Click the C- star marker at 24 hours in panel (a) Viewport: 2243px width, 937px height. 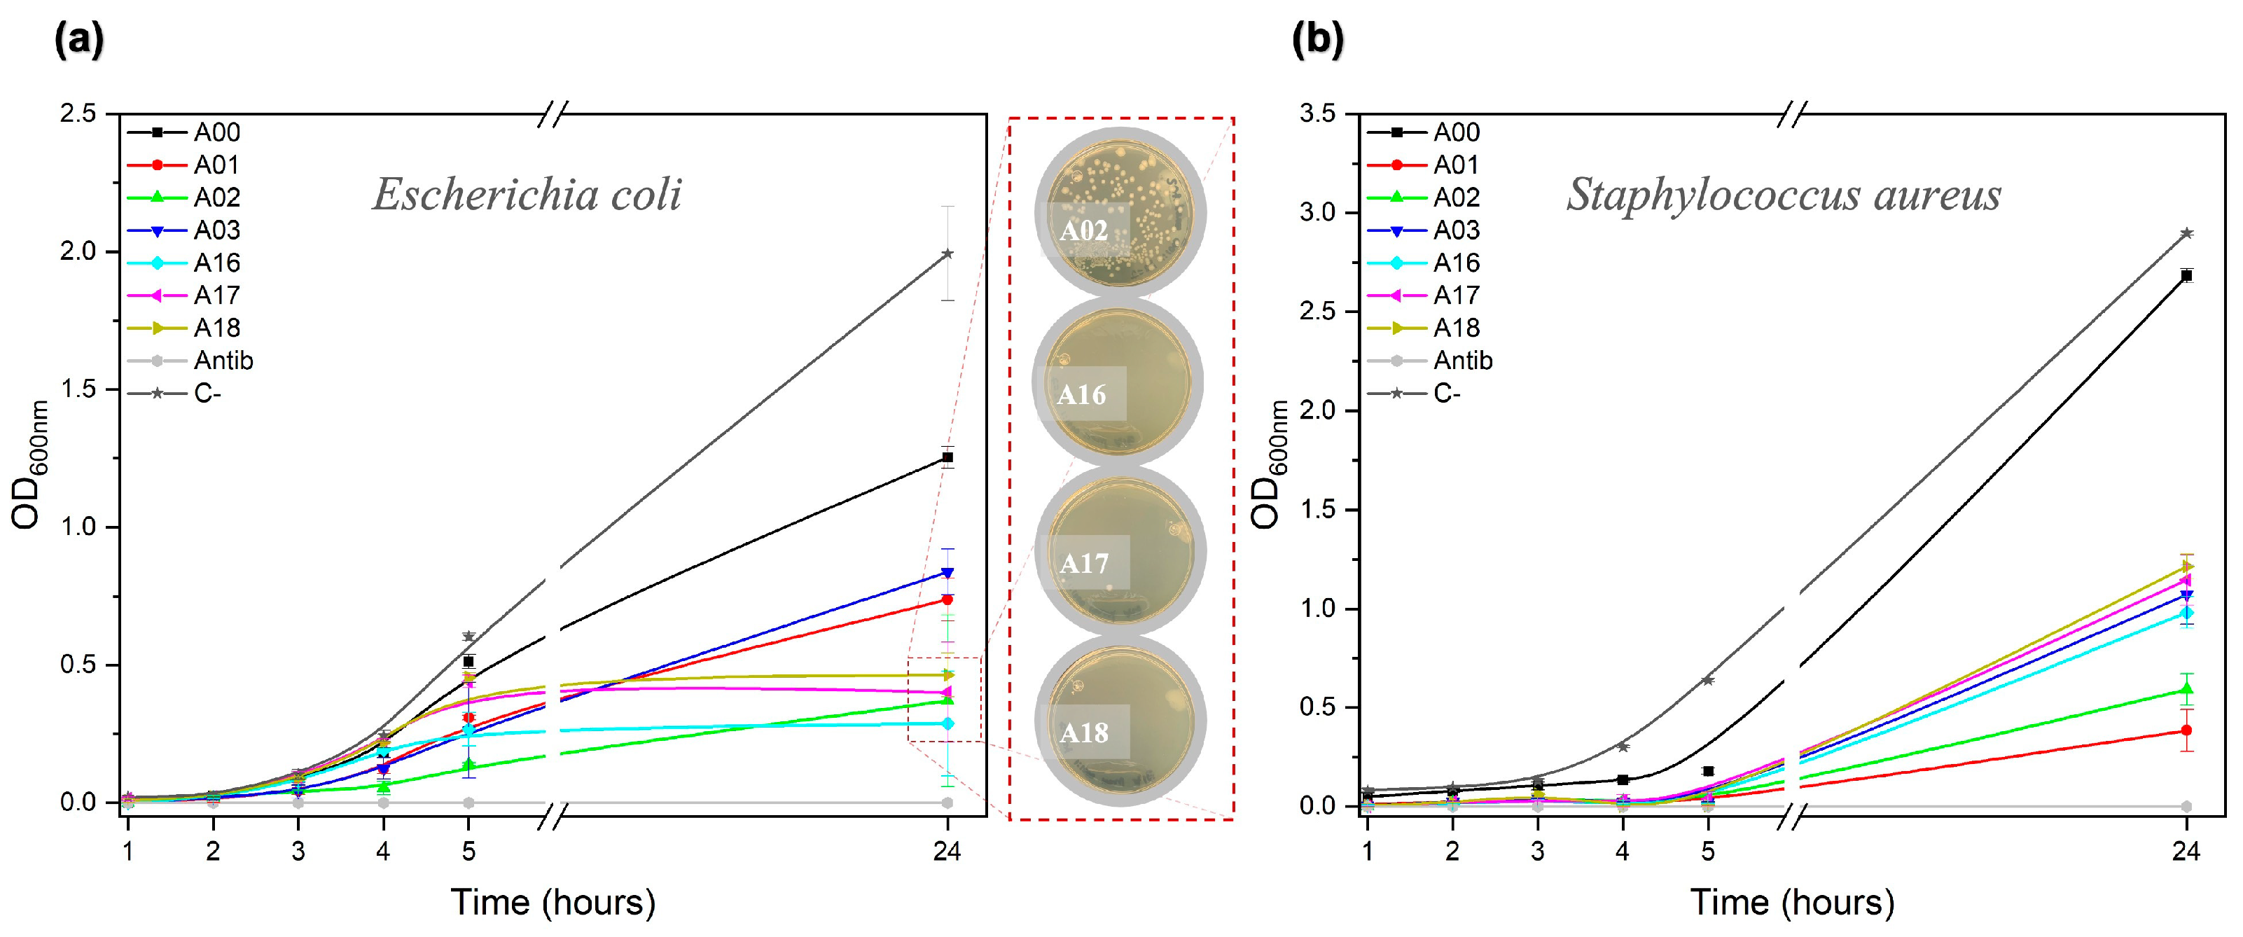point(947,254)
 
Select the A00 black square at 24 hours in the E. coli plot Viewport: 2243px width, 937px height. point(947,457)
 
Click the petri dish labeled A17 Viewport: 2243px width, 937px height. point(1120,550)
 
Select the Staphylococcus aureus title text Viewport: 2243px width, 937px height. point(1783,193)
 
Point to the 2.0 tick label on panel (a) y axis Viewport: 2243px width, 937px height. point(78,251)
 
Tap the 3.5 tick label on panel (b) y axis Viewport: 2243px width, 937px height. point(1317,114)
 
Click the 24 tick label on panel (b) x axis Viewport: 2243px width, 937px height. point(2186,851)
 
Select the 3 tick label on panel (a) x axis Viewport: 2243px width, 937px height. point(298,851)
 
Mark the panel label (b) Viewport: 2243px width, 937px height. point(1317,40)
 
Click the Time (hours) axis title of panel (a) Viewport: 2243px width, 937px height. point(553,902)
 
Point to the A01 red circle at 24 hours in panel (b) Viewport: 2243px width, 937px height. point(2186,730)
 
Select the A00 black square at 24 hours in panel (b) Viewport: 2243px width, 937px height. point(2186,275)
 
